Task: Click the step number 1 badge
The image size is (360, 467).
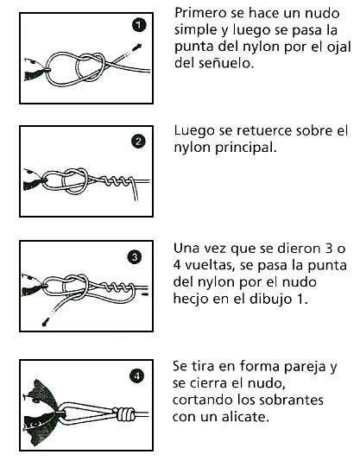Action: coord(139,25)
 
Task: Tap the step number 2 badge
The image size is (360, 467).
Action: coord(138,142)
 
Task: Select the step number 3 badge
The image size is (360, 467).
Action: coord(135,257)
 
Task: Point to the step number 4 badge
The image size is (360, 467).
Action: coord(137,376)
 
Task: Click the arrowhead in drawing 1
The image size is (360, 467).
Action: coord(137,47)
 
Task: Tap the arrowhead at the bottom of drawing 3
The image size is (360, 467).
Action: coord(46,322)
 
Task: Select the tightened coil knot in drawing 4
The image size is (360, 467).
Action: coord(126,413)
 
